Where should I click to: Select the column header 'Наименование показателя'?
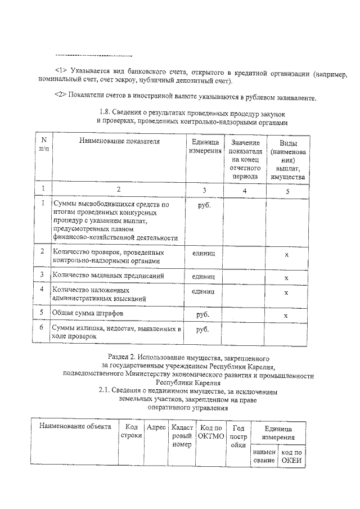point(119,142)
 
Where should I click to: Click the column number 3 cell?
point(204,190)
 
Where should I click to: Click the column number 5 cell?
point(286,190)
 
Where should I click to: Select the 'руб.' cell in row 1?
point(204,206)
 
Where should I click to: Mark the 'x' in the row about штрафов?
point(286,315)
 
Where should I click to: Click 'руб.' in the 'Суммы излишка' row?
point(204,330)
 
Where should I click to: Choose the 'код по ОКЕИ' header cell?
point(291,456)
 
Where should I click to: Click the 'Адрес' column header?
point(156,427)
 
